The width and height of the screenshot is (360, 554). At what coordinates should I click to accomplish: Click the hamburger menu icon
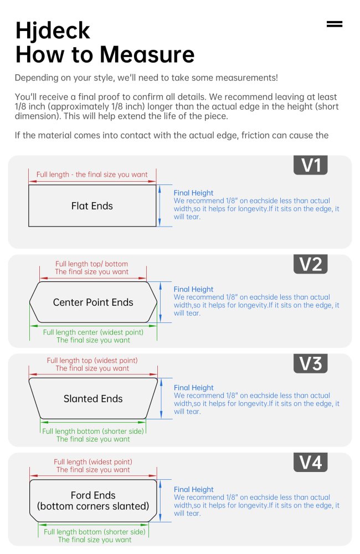click(x=334, y=24)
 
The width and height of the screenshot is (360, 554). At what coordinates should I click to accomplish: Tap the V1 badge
click(x=311, y=165)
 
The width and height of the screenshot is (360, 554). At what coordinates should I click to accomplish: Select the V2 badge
click(x=311, y=264)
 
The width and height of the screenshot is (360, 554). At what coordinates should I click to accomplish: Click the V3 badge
click(x=311, y=363)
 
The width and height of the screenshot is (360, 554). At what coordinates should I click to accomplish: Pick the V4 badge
click(x=311, y=462)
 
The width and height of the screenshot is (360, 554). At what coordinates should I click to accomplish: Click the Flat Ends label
click(x=92, y=206)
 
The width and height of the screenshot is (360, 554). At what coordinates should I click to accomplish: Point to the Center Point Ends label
click(x=93, y=302)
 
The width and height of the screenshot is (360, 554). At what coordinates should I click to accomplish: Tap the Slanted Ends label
click(x=93, y=399)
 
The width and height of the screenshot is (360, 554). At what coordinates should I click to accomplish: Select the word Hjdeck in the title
click(x=53, y=30)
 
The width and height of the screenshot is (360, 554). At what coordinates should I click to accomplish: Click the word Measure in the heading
click(x=147, y=54)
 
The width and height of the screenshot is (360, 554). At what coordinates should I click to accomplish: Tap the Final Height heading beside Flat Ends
click(x=193, y=193)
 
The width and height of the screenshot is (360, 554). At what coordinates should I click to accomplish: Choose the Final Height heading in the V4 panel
click(x=194, y=489)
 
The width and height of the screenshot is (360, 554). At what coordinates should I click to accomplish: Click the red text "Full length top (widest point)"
click(x=92, y=361)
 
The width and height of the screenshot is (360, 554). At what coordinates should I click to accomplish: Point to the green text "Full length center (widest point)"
click(x=93, y=332)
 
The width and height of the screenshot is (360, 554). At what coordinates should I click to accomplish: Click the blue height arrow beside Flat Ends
click(x=160, y=206)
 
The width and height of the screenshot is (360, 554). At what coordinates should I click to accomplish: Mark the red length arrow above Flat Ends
click(x=92, y=182)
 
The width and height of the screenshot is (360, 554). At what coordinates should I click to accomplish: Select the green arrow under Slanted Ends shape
click(x=93, y=422)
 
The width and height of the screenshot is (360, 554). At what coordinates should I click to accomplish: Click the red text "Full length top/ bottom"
click(x=91, y=264)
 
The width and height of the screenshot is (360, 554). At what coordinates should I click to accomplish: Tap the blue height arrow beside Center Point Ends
click(x=161, y=302)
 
